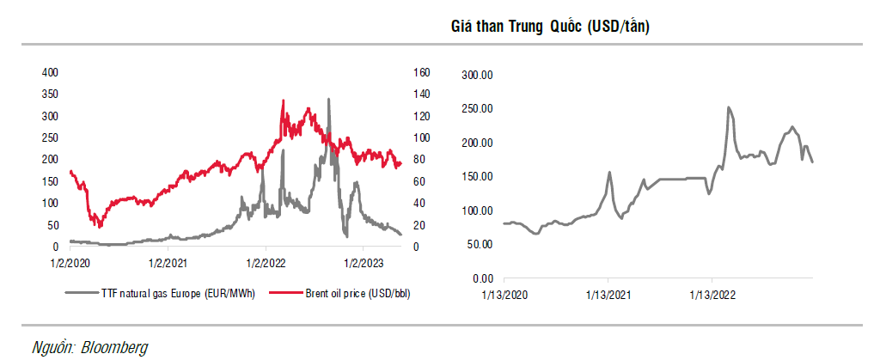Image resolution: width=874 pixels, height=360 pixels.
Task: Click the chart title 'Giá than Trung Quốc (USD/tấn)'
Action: point(550,27)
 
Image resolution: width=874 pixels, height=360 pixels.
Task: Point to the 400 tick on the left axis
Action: point(50,72)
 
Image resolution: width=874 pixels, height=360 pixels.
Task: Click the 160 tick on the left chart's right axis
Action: point(420,72)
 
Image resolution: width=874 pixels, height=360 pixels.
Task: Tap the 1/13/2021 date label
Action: point(608,294)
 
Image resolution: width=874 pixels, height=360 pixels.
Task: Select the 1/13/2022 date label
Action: point(712,294)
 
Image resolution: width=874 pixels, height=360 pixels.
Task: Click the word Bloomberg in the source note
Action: point(114,347)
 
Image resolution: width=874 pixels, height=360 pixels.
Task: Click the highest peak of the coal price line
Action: point(729,107)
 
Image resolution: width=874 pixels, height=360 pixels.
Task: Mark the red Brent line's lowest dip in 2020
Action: point(101,227)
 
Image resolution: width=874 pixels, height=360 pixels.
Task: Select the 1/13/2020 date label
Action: point(504,294)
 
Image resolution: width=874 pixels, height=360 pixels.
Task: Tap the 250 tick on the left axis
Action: point(50,137)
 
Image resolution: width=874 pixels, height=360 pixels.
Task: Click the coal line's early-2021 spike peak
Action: point(609,172)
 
